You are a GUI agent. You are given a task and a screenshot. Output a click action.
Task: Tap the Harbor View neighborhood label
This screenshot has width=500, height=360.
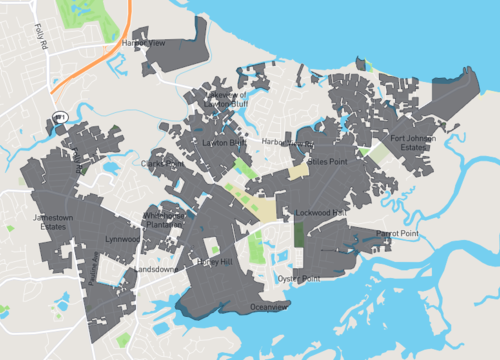click(x=143, y=44)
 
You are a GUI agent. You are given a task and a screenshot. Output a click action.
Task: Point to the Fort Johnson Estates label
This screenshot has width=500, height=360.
click(x=413, y=144)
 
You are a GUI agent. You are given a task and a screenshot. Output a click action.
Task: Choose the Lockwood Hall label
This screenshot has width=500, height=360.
click(x=320, y=213)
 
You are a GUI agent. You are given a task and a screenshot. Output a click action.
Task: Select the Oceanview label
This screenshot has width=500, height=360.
click(x=268, y=306)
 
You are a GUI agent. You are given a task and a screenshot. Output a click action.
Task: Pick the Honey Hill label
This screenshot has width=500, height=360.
click(x=214, y=261)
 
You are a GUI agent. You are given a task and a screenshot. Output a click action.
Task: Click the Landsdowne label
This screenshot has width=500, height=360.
click(x=154, y=269)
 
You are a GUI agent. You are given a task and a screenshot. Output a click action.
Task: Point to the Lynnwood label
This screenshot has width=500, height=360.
click(x=122, y=239)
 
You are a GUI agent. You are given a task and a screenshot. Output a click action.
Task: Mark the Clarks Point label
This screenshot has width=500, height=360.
click(x=164, y=162)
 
